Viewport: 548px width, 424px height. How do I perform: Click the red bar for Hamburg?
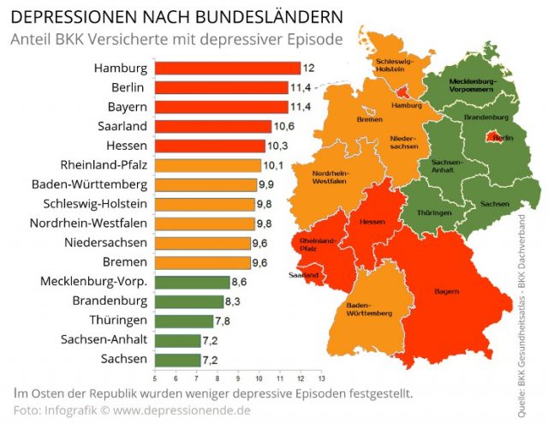(x=227, y=68)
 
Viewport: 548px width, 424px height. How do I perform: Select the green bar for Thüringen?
(x=183, y=320)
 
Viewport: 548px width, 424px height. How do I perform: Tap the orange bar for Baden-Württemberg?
(x=205, y=184)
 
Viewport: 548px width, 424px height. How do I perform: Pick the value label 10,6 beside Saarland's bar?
(x=283, y=126)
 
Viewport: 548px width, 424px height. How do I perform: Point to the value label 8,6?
(x=241, y=282)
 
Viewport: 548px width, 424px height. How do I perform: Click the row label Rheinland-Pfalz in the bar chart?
(x=104, y=164)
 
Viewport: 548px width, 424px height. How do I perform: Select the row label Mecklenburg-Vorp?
(x=94, y=281)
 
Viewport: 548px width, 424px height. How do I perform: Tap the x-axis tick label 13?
(x=320, y=378)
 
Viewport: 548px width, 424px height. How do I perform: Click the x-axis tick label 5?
(x=154, y=378)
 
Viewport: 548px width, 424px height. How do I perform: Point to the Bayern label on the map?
(x=445, y=292)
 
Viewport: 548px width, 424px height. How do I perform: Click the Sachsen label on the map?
(x=494, y=204)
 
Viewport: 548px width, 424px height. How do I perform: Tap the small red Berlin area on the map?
(x=492, y=136)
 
